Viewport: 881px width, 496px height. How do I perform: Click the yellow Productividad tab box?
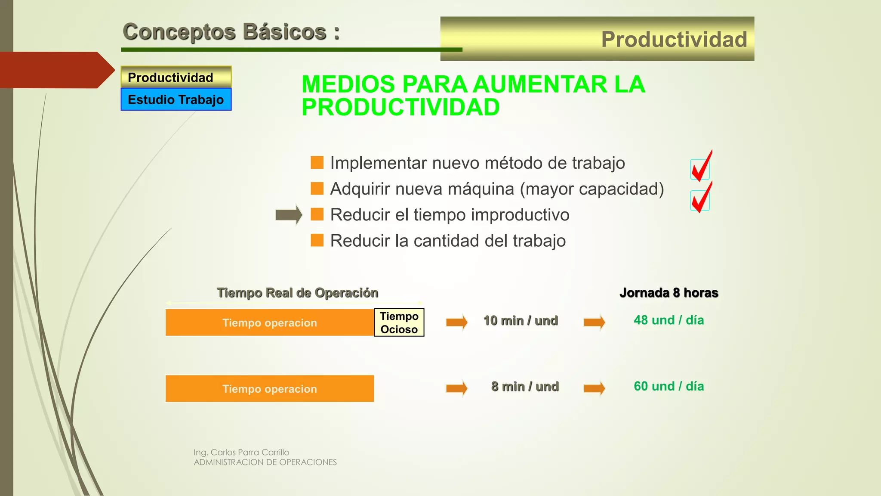[176, 77]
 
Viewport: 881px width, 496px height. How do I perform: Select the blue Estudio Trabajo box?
[176, 99]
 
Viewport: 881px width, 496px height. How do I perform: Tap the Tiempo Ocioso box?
[399, 322]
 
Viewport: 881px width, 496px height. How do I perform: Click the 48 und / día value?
[668, 320]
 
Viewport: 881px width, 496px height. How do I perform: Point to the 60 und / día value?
[668, 386]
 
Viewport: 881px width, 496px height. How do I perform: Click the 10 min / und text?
[521, 321]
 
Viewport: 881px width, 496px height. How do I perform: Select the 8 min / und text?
[525, 387]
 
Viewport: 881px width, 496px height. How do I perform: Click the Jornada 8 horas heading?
[668, 293]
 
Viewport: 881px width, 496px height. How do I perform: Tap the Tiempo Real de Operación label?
[297, 293]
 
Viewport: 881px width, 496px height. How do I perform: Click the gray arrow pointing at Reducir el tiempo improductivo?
[289, 214]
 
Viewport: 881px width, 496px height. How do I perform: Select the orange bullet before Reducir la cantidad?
[317, 240]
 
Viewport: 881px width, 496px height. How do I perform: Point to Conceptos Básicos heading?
[231, 32]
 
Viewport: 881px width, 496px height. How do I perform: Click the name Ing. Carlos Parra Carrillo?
[241, 453]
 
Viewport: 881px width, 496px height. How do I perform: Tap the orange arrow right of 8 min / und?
[594, 388]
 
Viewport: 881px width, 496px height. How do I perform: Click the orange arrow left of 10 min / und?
[456, 322]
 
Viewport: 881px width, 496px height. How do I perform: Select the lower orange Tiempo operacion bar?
[269, 389]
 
